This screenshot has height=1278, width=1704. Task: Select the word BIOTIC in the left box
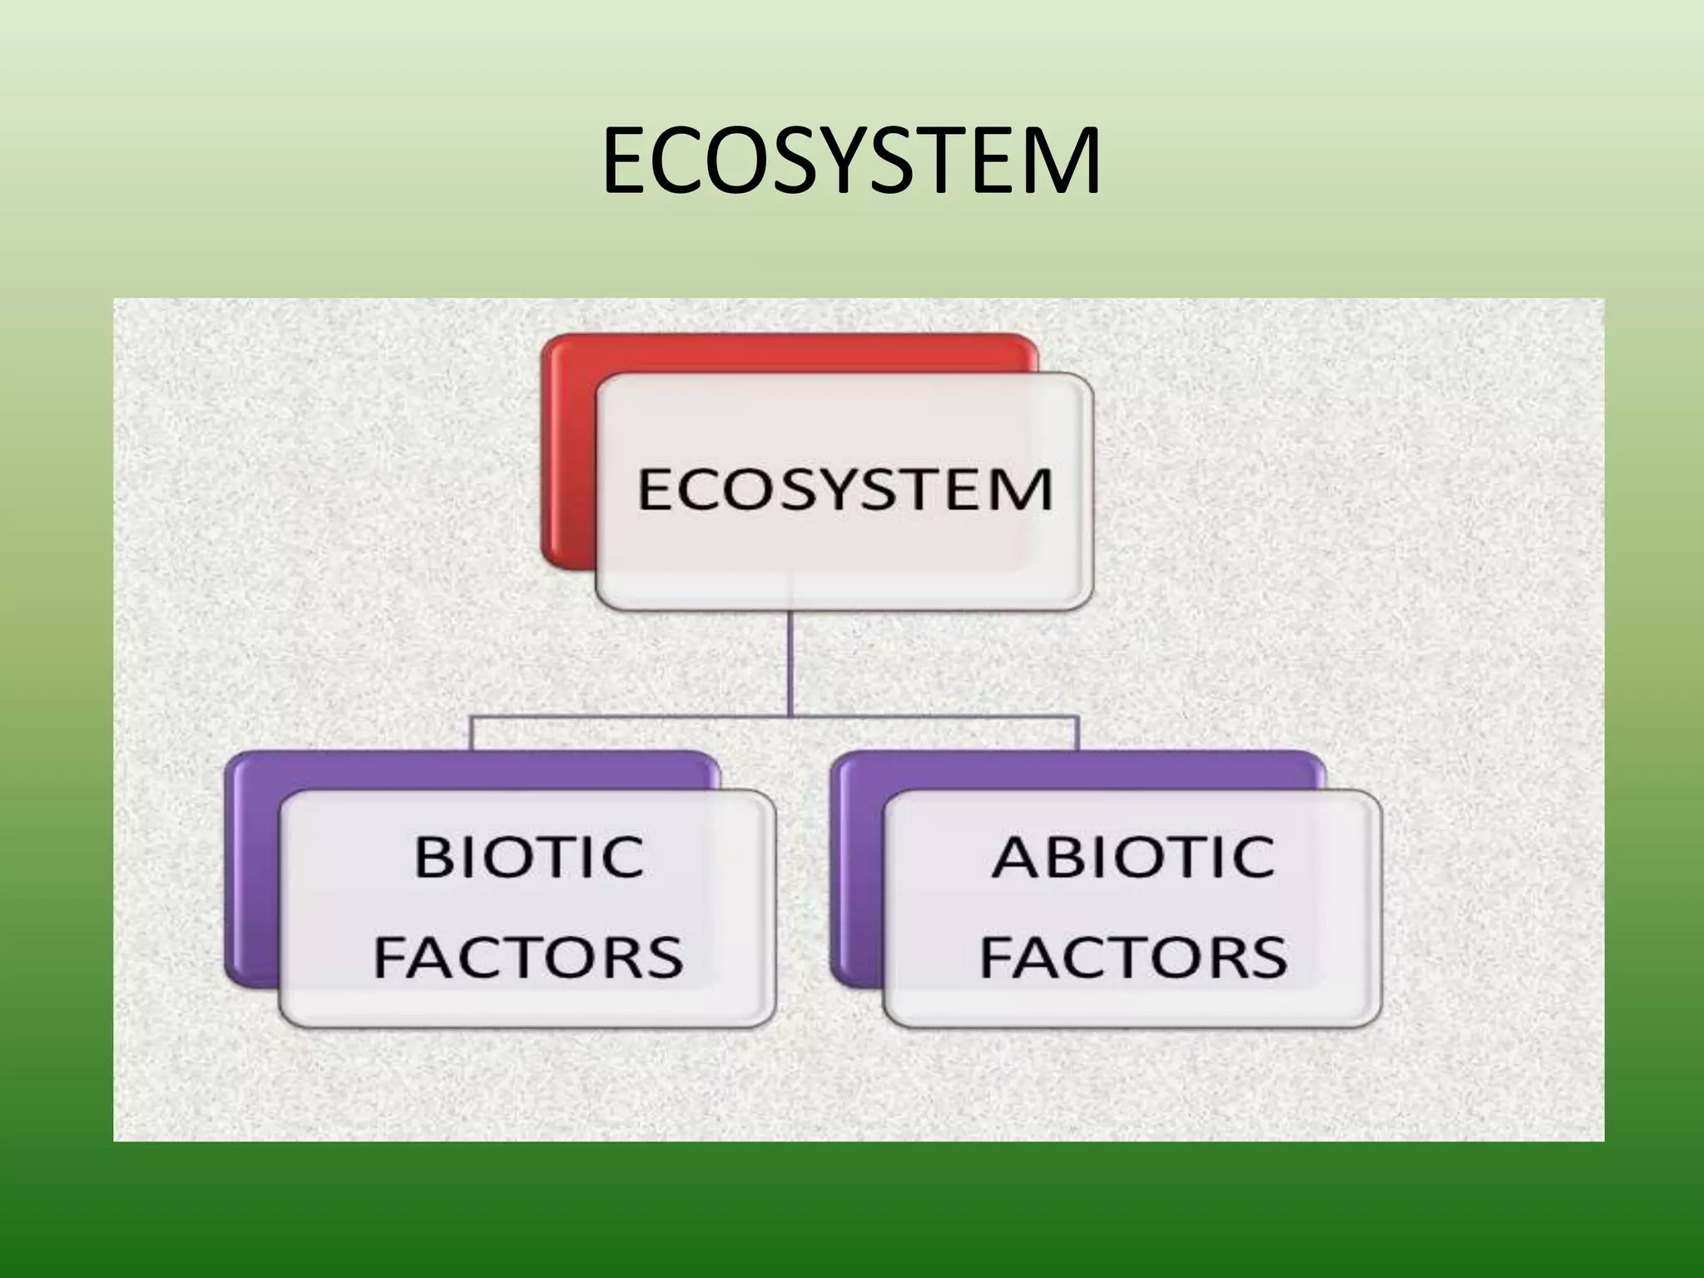529,856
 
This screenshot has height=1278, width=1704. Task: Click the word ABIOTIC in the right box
1132,856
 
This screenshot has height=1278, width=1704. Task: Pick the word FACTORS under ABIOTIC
1132,957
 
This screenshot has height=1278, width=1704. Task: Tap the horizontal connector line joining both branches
632,715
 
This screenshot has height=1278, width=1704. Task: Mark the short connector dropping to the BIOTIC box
471,732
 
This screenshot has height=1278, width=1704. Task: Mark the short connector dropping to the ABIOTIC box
1078,732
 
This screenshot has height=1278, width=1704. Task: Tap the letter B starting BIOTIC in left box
433,856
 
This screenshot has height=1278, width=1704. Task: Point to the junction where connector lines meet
790,715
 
